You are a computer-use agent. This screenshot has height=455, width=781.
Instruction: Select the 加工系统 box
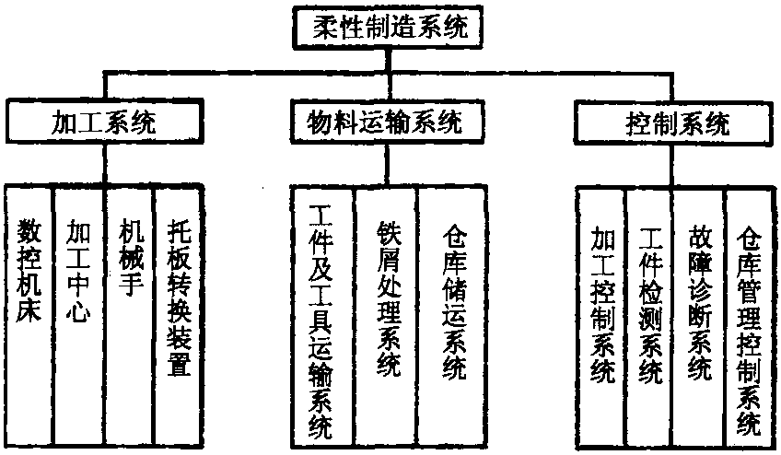[103, 123]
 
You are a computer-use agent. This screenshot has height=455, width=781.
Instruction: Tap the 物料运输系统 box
[385, 123]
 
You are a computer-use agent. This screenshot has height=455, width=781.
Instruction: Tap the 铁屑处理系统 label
[387, 295]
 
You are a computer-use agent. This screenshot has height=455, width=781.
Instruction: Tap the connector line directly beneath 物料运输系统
[385, 163]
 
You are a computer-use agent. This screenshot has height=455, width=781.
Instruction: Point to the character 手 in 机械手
[128, 284]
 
